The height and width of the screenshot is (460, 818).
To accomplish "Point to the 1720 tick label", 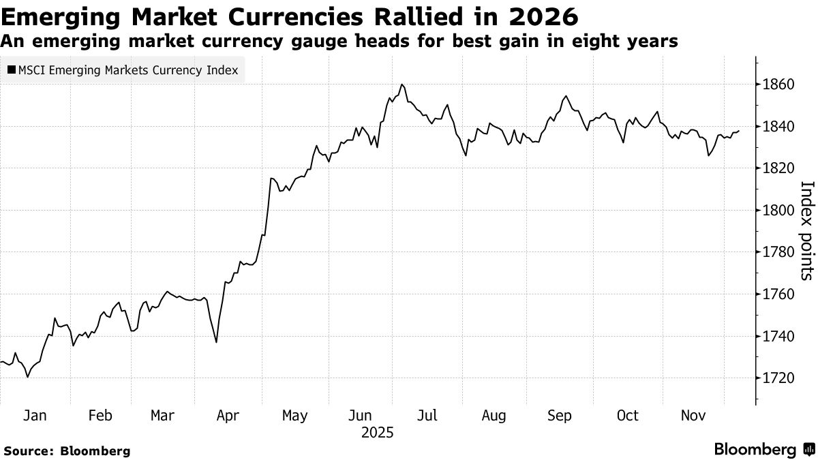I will click(779, 378).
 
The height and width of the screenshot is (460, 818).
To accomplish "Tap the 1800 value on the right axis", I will click(779, 210).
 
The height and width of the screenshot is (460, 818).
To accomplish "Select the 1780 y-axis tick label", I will click(779, 252).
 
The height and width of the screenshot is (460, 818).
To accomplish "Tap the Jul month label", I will click(427, 416).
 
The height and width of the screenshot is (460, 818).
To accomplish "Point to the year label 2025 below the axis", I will click(379, 433).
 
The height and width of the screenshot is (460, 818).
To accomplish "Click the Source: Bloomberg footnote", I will click(67, 450).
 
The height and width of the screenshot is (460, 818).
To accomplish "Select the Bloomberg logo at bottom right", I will click(763, 449).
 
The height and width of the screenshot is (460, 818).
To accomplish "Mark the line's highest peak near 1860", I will click(402, 85).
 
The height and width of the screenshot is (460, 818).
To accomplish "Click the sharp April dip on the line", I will click(216, 342).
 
